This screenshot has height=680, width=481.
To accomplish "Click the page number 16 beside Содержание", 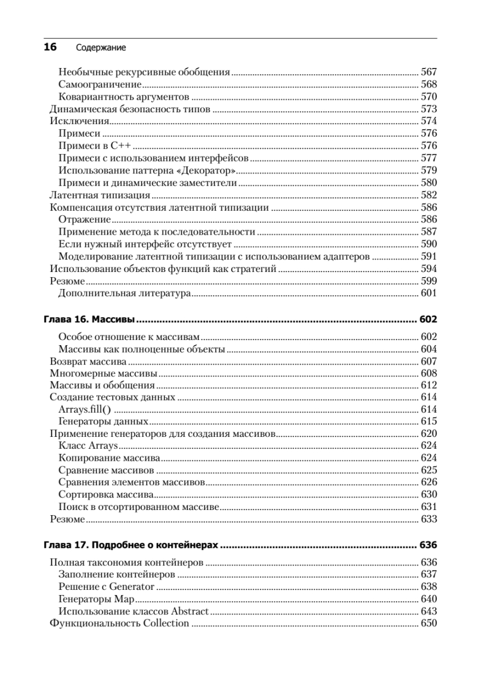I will (50, 48).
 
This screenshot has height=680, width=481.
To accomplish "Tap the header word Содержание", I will (100, 49).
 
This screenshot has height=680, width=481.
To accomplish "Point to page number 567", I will (429, 72).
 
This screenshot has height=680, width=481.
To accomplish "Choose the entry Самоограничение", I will (100, 84).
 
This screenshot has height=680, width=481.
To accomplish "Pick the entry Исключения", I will (79, 121).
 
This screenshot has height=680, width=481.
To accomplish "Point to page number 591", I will (429, 257).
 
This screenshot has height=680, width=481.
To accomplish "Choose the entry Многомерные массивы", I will (103, 373).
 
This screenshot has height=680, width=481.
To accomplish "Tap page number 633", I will (429, 519).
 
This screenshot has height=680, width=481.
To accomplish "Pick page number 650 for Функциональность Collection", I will (429, 623).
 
